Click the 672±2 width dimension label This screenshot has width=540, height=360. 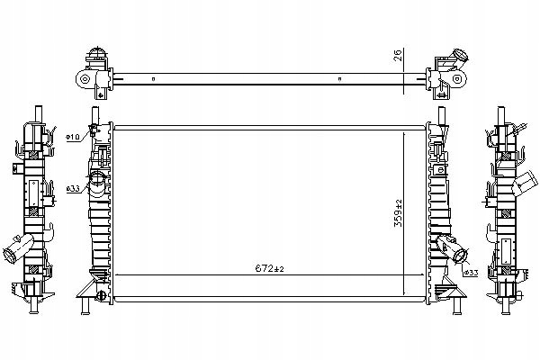click(269, 269)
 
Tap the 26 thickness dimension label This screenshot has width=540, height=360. click(398, 56)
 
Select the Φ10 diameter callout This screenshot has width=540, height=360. click(73, 137)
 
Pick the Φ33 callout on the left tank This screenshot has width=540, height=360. click(73, 188)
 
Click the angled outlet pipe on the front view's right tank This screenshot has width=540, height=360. click(452, 248)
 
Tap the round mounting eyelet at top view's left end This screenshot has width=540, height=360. click(84, 79)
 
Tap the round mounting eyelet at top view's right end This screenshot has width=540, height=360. click(457, 79)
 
